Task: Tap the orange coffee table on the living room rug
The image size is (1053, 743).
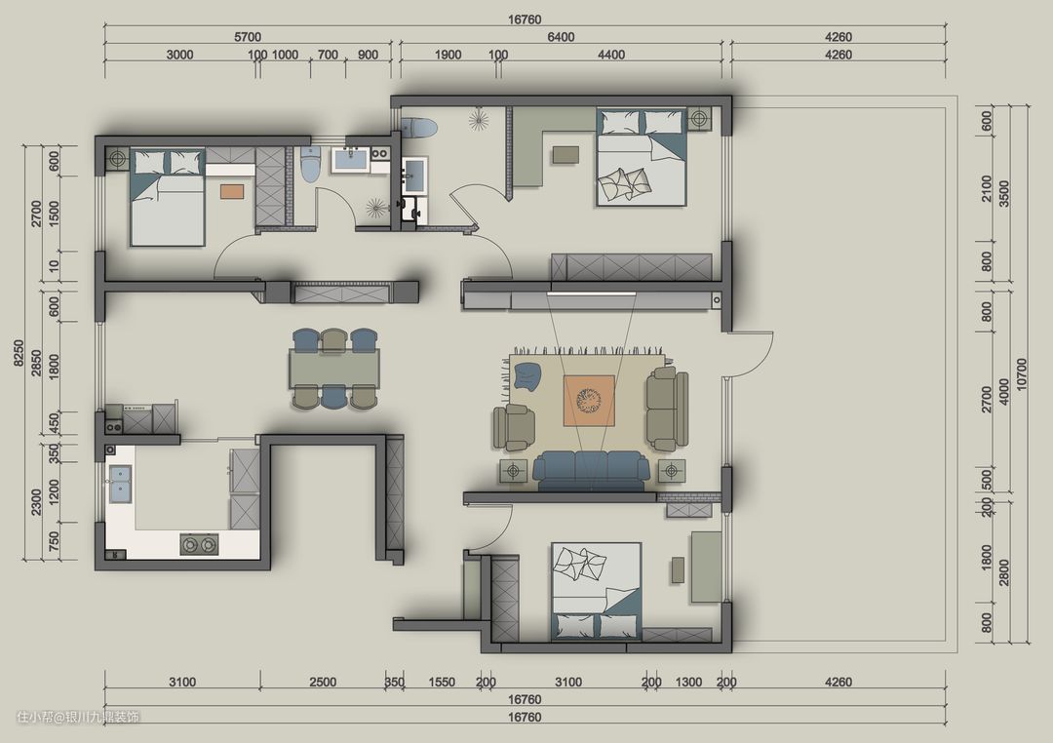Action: [x=590, y=401]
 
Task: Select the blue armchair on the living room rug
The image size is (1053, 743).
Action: [x=527, y=375]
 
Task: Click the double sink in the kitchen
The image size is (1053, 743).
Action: [x=120, y=485]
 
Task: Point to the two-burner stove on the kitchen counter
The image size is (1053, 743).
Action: [x=200, y=544]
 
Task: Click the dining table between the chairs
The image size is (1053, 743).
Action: [x=334, y=369]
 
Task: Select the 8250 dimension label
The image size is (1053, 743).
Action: [x=19, y=353]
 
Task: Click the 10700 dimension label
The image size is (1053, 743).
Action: [x=1022, y=374]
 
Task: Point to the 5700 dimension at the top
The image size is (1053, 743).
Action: [x=247, y=37]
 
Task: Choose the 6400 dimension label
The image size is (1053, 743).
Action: [x=561, y=37]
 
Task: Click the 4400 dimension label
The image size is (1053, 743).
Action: [x=611, y=55]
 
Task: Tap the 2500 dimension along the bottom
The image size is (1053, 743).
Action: [x=323, y=682]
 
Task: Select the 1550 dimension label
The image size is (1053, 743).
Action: [x=442, y=682]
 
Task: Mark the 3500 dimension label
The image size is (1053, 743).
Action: [x=1004, y=193]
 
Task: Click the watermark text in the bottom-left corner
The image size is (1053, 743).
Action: [x=78, y=718]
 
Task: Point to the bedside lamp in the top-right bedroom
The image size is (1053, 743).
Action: [x=700, y=119]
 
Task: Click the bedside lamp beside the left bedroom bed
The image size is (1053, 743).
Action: [x=118, y=159]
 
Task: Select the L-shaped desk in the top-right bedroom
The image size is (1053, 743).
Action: [x=529, y=149]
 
